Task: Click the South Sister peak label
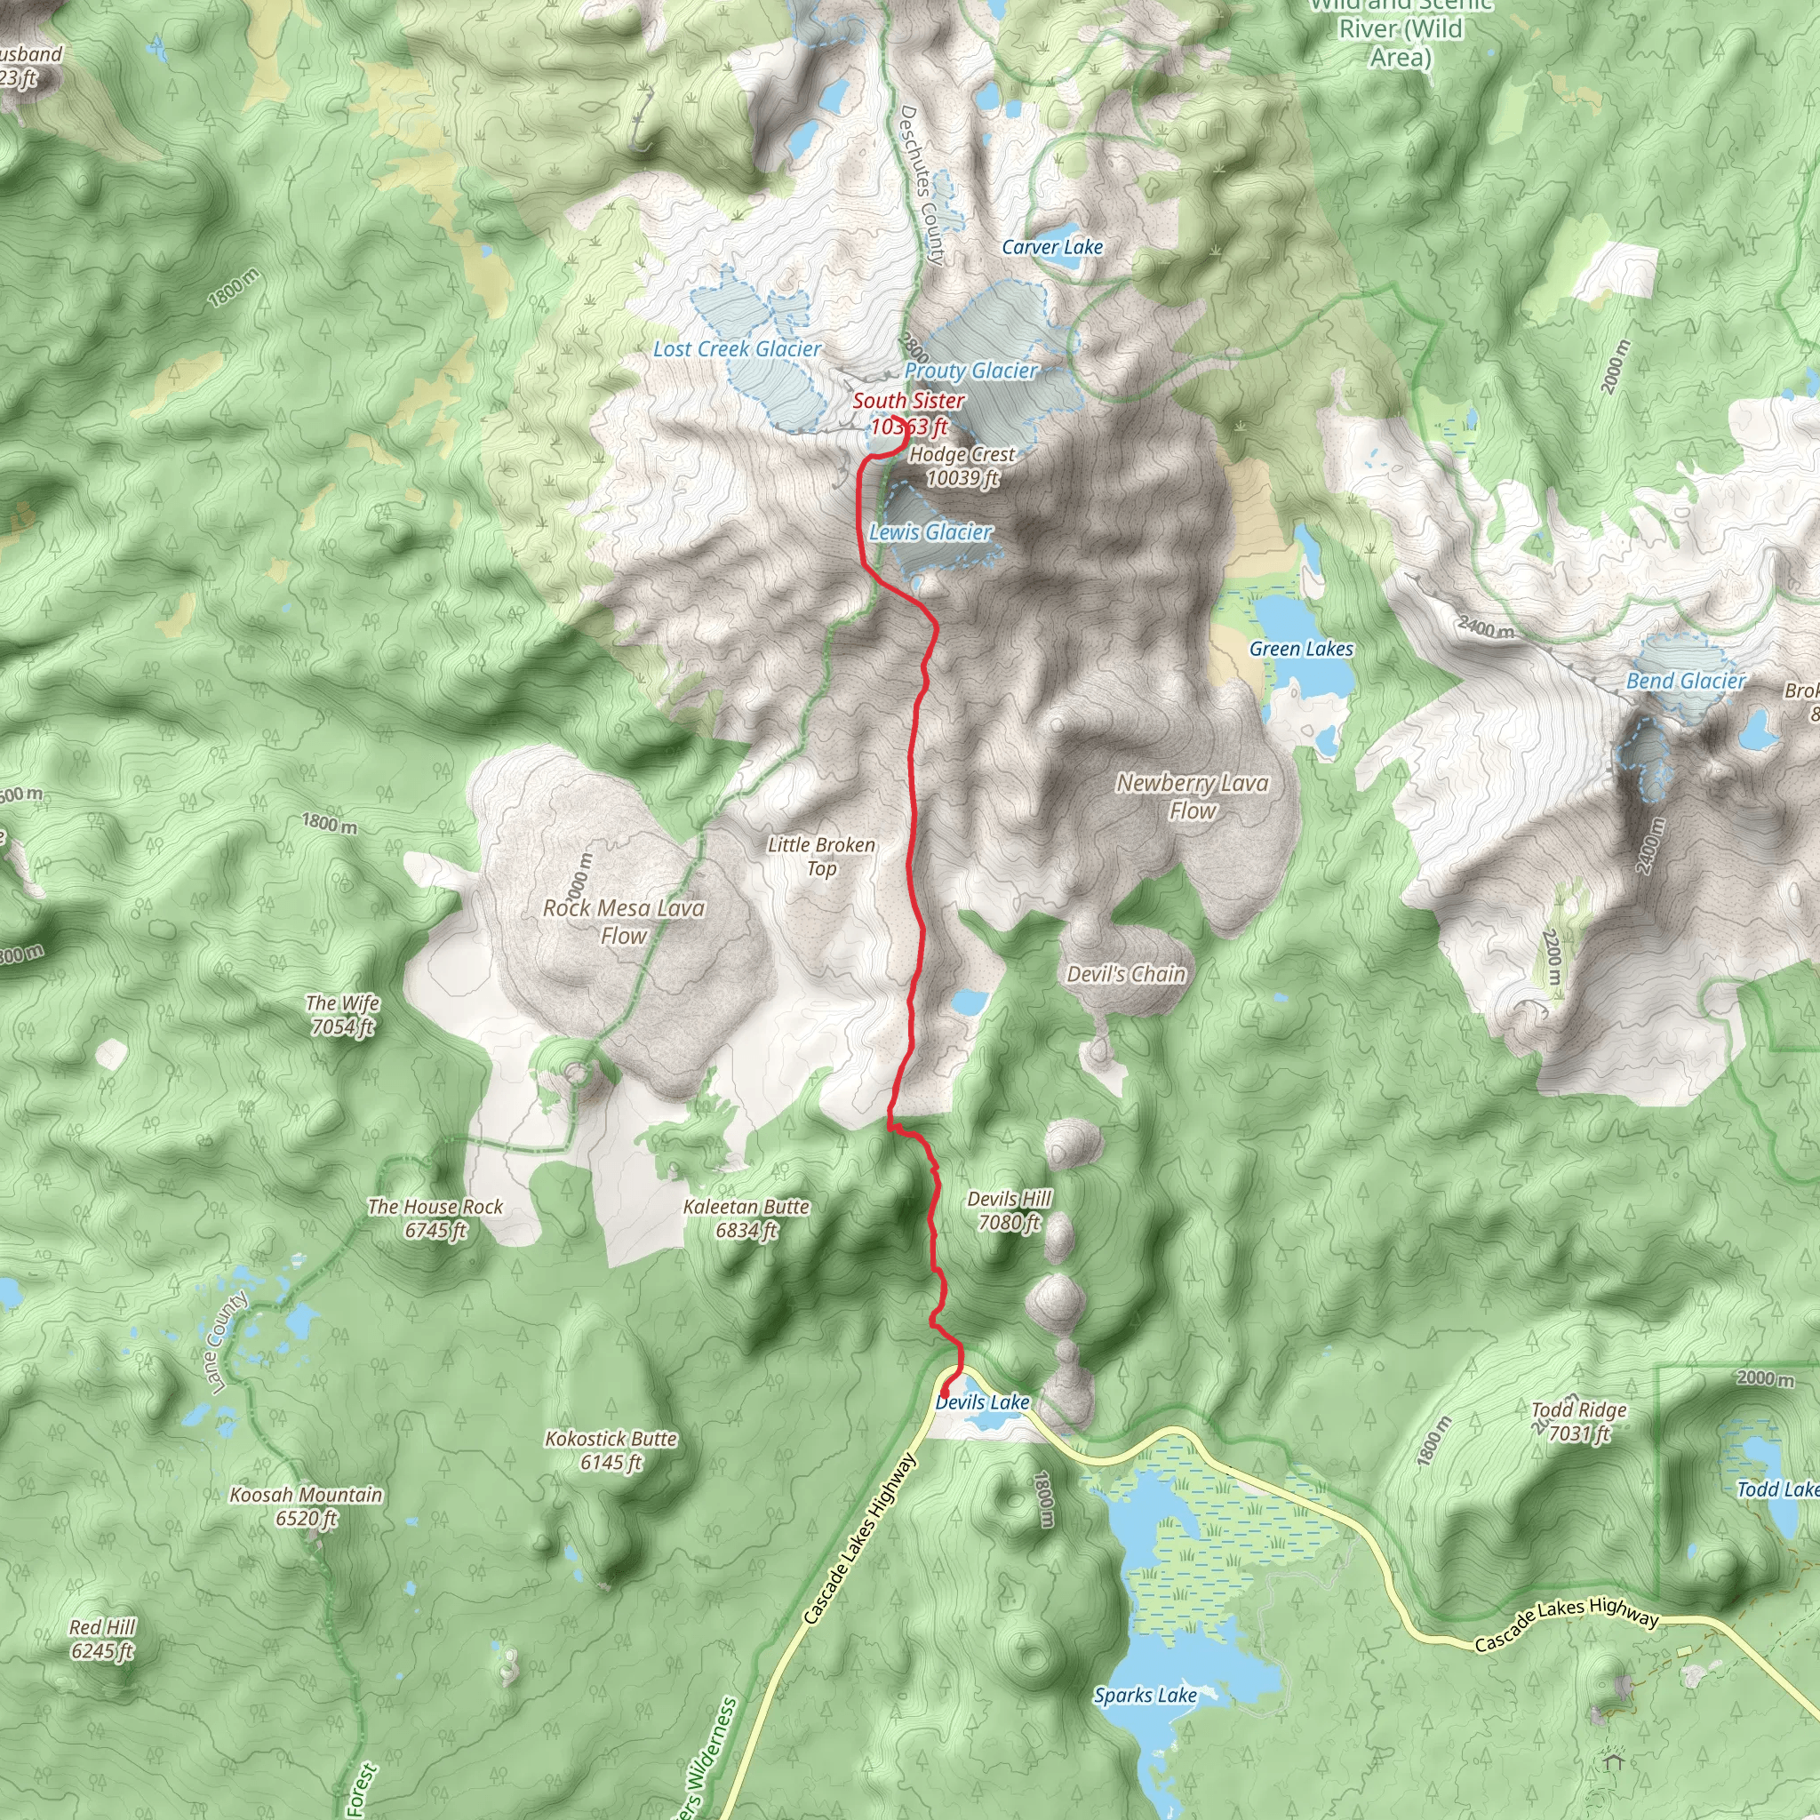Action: tap(908, 412)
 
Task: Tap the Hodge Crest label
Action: tap(962, 466)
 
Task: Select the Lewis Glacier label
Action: tap(930, 532)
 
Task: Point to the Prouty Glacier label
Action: tap(970, 371)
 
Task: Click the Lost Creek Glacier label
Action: tap(737, 349)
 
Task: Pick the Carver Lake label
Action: tap(1051, 247)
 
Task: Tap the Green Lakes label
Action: tap(1300, 648)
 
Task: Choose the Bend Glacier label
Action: tap(1685, 680)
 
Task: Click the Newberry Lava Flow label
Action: tap(1192, 796)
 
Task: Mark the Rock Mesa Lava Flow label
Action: tap(624, 922)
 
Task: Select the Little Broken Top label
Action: tap(821, 856)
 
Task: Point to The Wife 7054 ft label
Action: tap(343, 1015)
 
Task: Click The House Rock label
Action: tap(435, 1218)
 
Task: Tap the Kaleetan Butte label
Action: tap(746, 1218)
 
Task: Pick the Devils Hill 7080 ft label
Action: tap(1009, 1210)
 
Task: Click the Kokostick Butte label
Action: tap(611, 1450)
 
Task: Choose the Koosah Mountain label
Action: tap(307, 1506)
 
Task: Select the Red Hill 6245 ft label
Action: tap(103, 1639)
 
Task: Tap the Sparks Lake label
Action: tap(1145, 1696)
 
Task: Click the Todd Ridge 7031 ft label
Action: tap(1579, 1422)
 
